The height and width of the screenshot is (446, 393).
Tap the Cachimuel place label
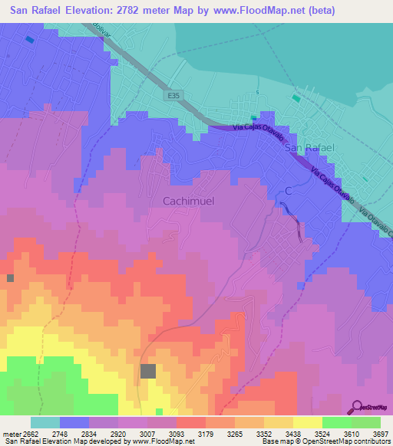pos(187,201)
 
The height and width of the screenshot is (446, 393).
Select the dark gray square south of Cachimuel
pos(148,371)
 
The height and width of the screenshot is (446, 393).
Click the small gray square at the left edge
pos(10,277)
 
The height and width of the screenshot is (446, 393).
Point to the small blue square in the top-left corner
pos(29,39)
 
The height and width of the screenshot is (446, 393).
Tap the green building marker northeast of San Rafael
pos(296,98)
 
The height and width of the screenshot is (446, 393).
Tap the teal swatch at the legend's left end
pos(45,422)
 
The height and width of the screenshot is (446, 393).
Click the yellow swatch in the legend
pos(307,422)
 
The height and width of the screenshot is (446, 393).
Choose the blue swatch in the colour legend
pos(74,422)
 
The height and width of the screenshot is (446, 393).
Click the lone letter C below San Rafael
pos(289,190)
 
